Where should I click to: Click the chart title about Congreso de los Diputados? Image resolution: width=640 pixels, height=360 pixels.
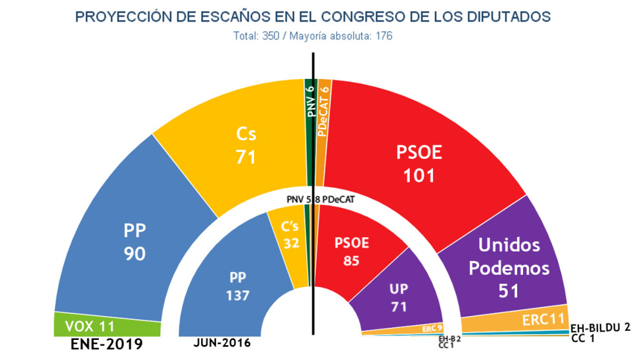point(312,16)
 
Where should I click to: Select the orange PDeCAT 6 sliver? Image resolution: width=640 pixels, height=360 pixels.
point(323,110)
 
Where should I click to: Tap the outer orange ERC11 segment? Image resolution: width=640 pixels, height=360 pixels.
point(537,319)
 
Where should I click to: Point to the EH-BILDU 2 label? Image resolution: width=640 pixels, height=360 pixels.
point(601,328)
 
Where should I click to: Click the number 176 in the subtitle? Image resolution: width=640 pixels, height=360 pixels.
point(381,36)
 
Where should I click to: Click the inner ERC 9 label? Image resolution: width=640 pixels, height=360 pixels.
point(432,328)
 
